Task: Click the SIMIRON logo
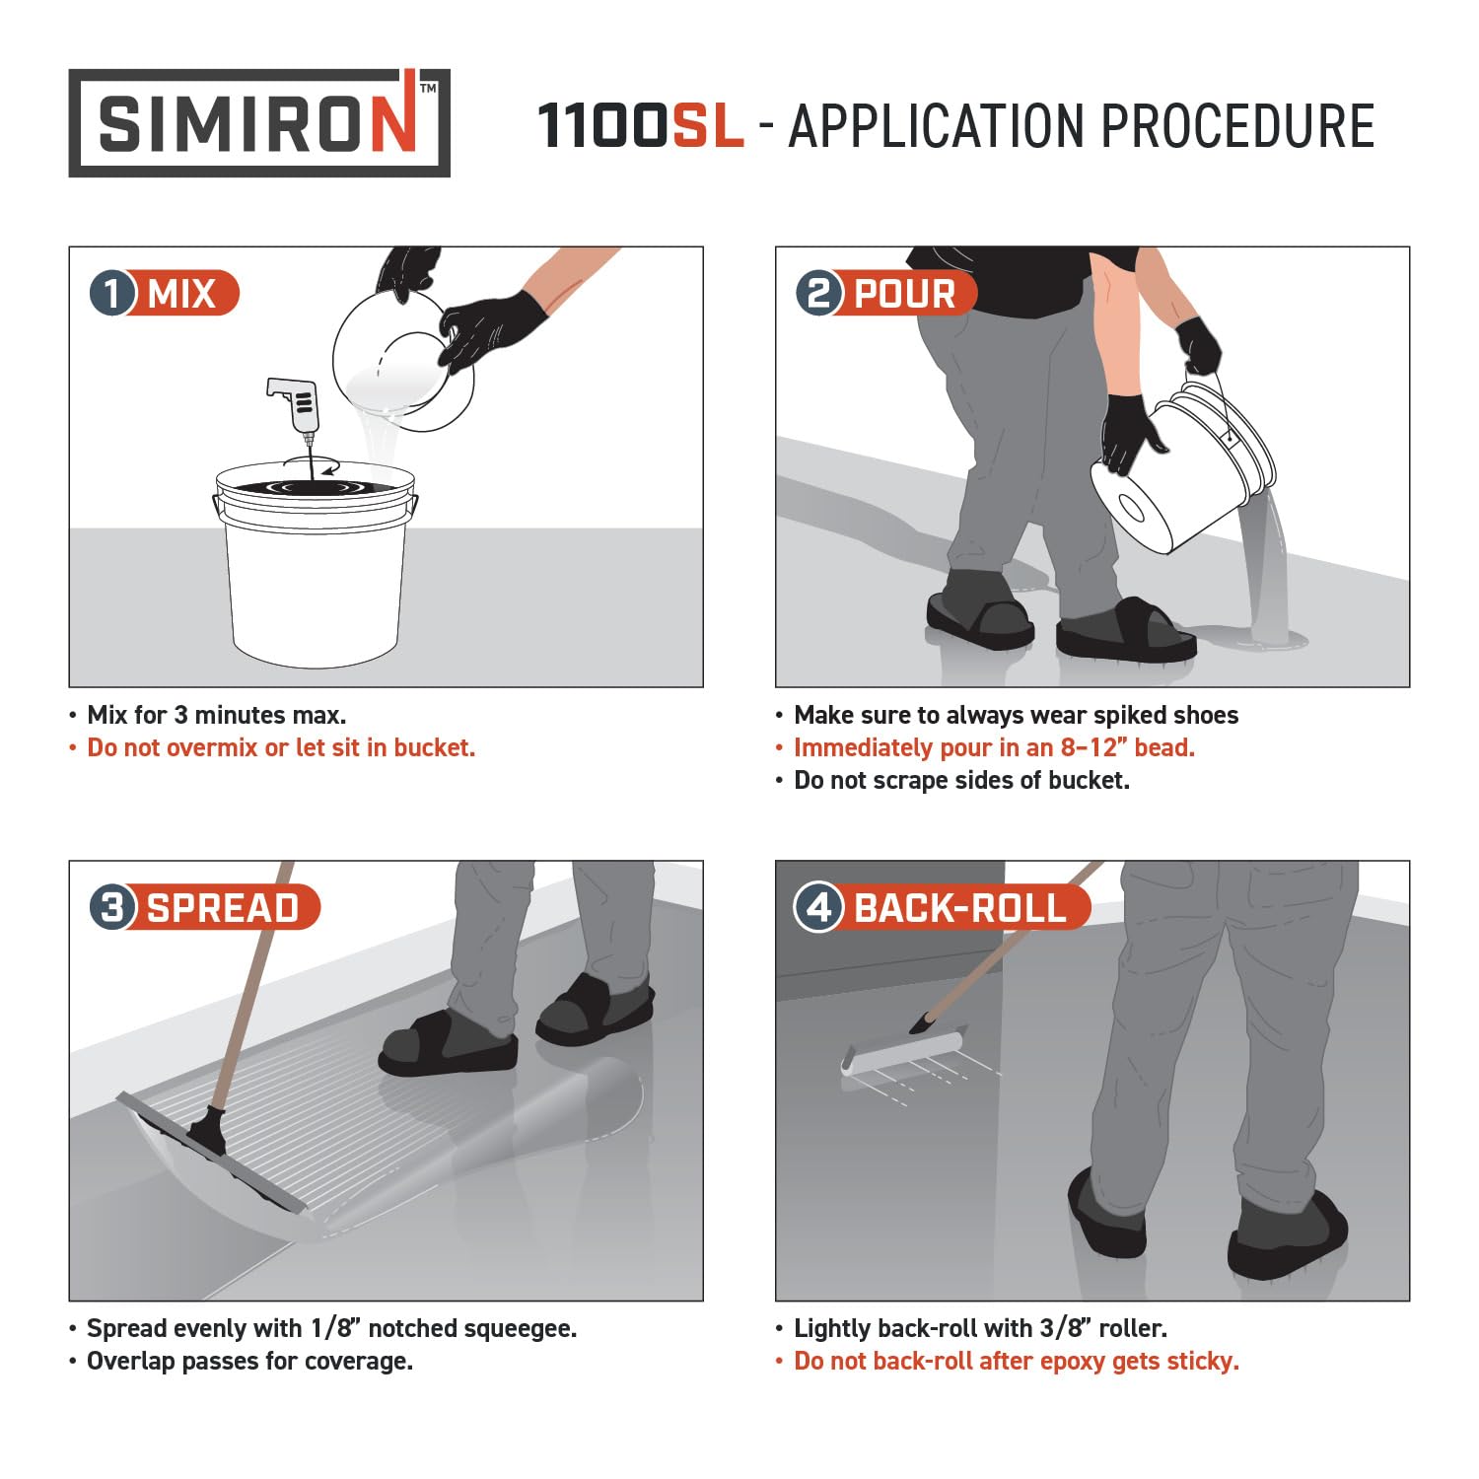coord(259,123)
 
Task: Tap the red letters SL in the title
coord(707,126)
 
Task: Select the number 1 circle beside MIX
coord(112,294)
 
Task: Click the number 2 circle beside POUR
coord(819,294)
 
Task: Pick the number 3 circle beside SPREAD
coord(112,907)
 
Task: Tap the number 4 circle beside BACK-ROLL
coord(819,907)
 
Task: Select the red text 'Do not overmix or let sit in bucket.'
coord(281,747)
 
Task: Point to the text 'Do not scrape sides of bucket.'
coord(961,780)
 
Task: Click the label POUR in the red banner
coord(904,294)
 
